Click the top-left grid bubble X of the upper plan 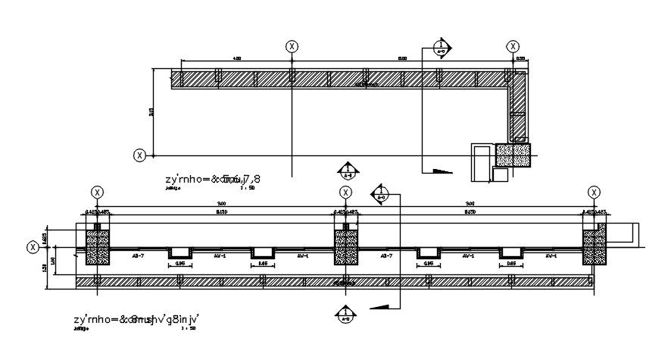[292, 46]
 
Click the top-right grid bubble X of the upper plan [513, 46]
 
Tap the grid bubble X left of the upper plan [140, 155]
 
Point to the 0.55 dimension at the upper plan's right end [520, 58]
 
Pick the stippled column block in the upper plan [513, 155]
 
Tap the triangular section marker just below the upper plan [347, 171]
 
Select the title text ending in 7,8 [213, 179]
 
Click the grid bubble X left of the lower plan [33, 246]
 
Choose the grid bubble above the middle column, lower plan [346, 193]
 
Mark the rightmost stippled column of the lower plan [595, 247]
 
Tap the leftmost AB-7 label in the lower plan [139, 256]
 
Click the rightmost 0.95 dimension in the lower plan [511, 264]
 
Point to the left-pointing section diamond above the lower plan [380, 193]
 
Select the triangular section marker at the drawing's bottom [346, 314]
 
